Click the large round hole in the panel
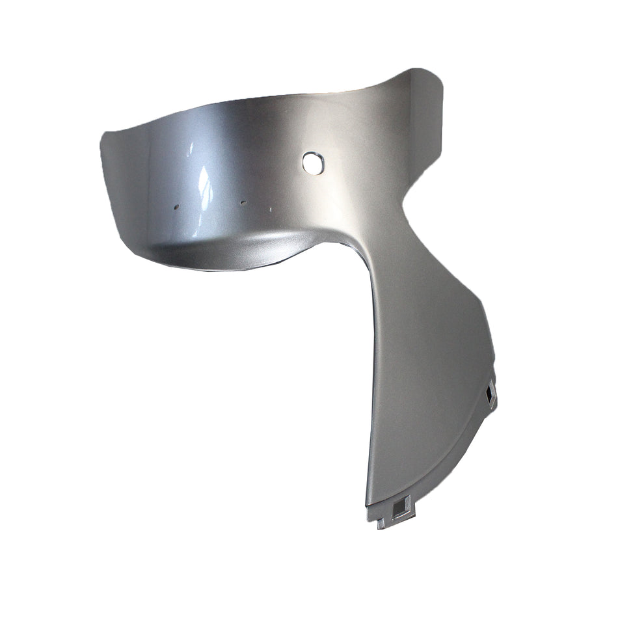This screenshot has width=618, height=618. (312, 162)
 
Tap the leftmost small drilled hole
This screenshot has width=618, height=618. (176, 208)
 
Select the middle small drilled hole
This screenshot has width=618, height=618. (243, 202)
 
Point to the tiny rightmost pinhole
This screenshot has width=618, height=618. (271, 209)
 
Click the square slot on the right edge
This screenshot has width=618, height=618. (489, 393)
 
